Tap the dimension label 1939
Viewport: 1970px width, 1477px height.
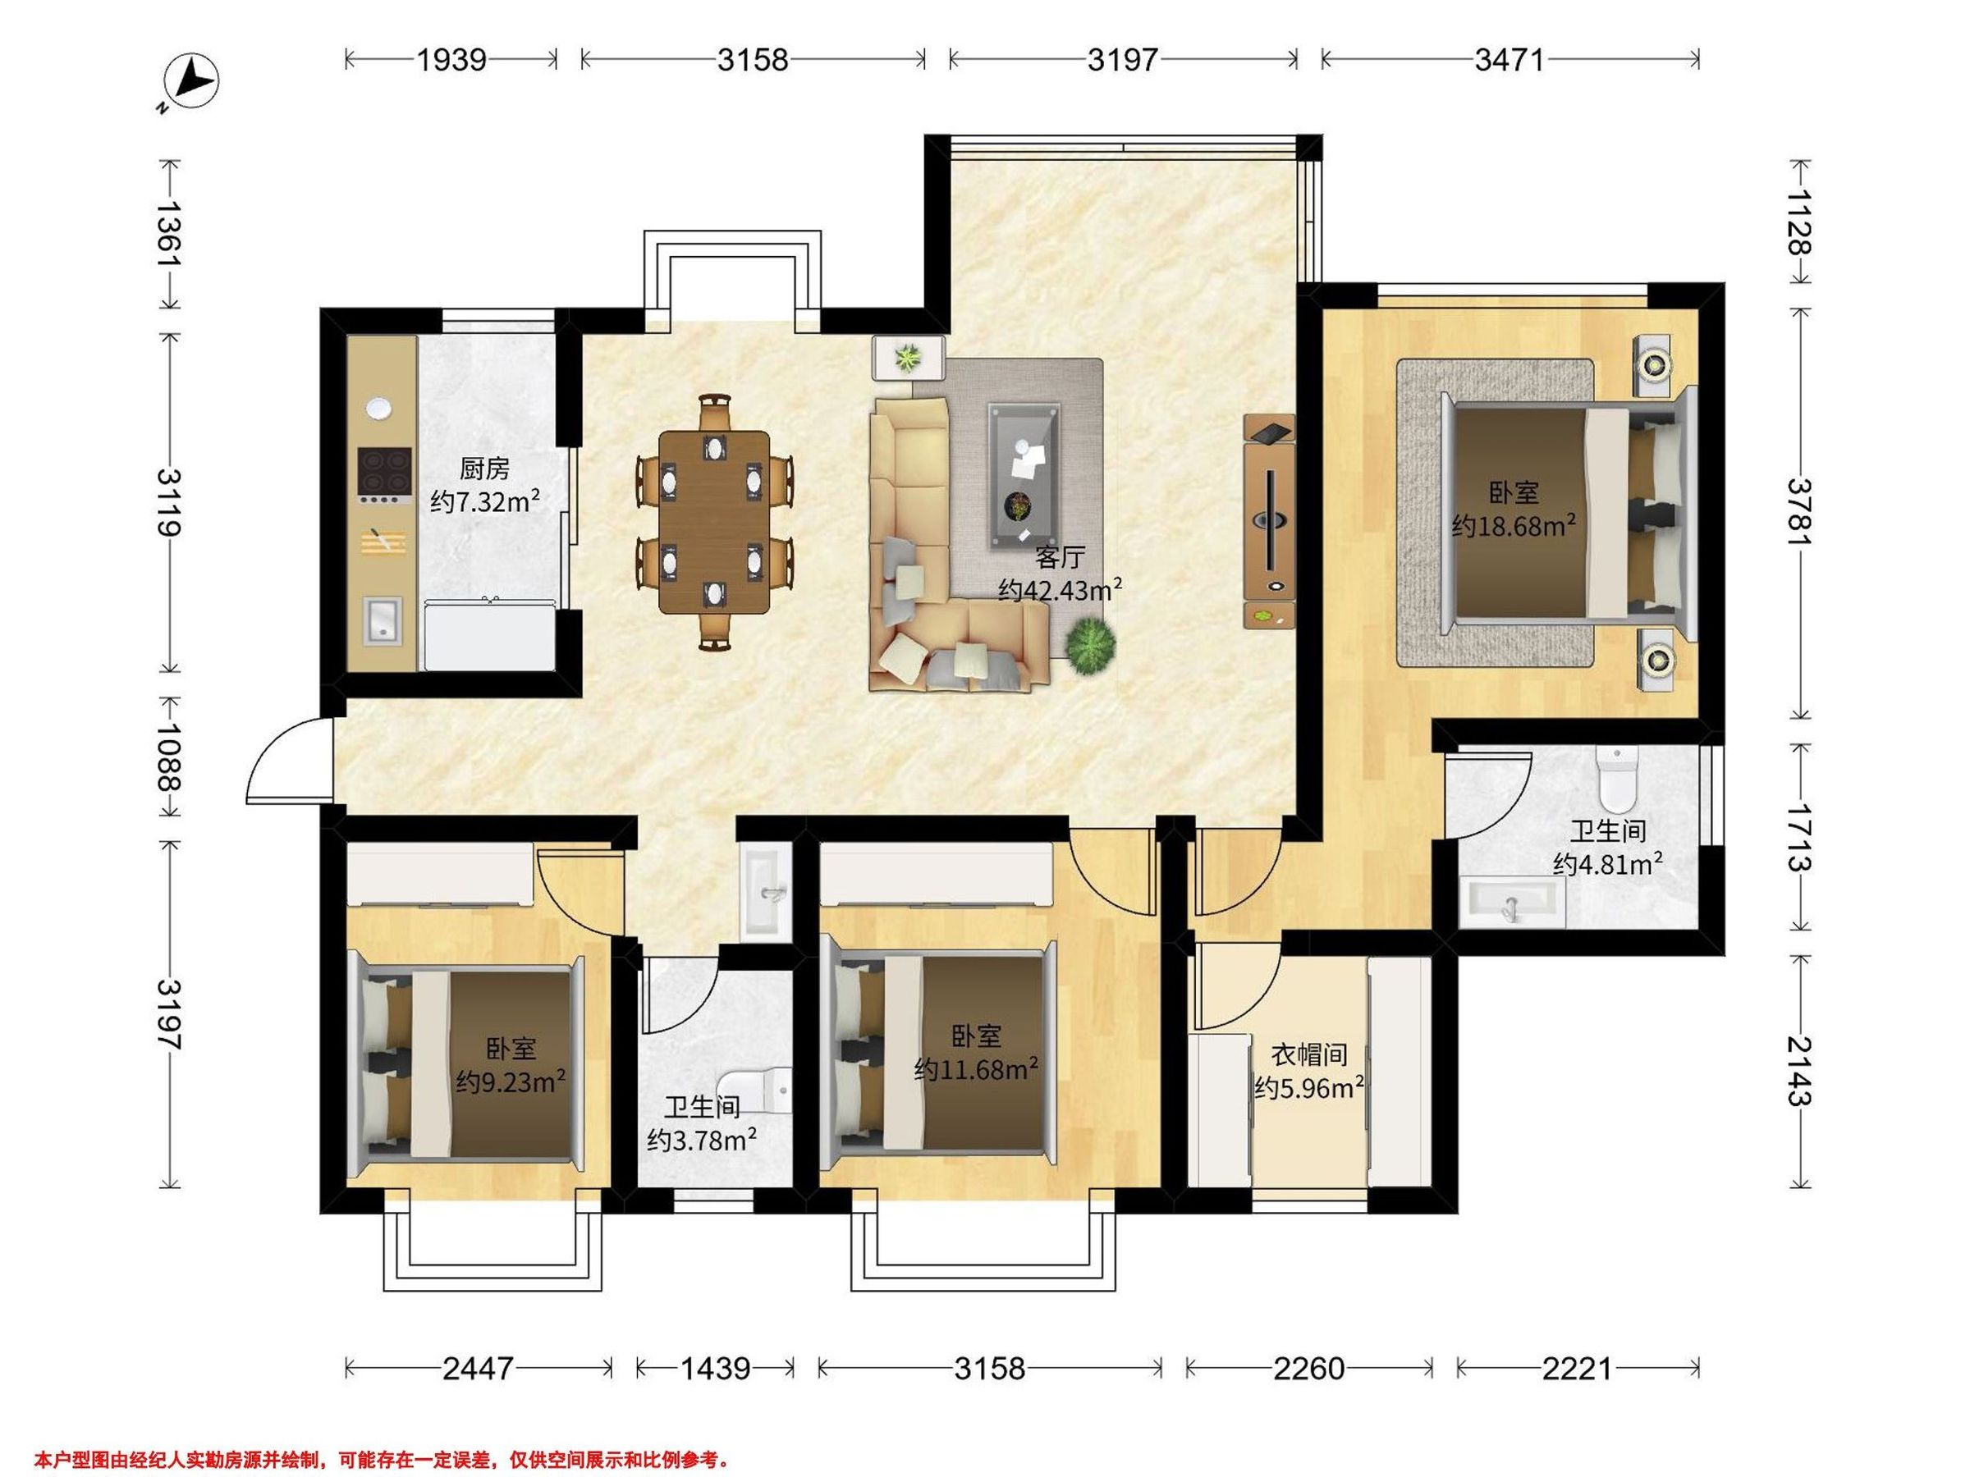tap(451, 60)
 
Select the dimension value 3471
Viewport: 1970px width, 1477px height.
tap(1509, 60)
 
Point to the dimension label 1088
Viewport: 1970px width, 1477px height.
tap(169, 756)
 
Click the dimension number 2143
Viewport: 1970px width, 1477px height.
tap(1800, 1070)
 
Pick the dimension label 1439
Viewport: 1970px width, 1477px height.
tap(715, 1368)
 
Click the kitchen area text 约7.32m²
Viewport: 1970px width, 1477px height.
tap(484, 501)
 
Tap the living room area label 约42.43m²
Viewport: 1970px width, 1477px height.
tap(1059, 589)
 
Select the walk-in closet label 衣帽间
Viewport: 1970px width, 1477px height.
tap(1308, 1055)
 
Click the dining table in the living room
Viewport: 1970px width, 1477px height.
tap(714, 522)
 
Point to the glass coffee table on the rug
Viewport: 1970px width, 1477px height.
tap(1024, 476)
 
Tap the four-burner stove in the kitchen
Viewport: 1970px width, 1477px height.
tap(385, 474)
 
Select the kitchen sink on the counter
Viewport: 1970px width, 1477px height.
tap(383, 620)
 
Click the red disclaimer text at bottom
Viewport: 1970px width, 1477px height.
tap(383, 1460)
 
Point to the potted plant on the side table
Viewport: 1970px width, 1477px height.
tap(908, 358)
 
